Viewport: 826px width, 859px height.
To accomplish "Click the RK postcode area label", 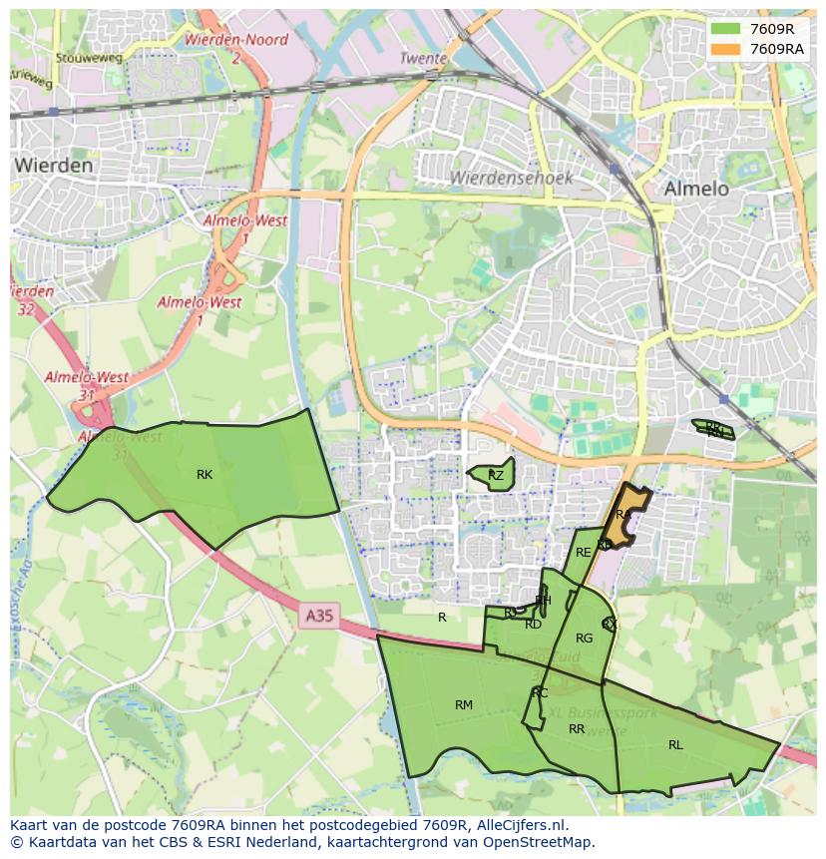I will coord(205,475).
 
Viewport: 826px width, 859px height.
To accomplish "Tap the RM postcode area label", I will coord(464,705).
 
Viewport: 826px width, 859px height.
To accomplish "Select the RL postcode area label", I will coord(675,744).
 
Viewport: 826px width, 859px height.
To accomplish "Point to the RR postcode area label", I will coord(577,729).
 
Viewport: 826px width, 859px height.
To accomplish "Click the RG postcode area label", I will coord(584,639).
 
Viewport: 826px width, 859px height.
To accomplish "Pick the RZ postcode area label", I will coord(496,476).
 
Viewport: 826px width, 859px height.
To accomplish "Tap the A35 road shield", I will coord(319,617).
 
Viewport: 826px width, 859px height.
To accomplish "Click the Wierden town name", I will coord(55,165).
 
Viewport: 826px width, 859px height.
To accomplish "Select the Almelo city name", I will coord(696,189).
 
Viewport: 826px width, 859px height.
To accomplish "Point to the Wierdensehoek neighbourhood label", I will coord(511,178).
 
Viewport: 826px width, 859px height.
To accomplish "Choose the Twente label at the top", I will coord(423,59).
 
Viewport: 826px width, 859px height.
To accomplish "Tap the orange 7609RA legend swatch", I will coord(725,49).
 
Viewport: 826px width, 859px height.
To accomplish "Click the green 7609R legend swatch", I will coord(725,29).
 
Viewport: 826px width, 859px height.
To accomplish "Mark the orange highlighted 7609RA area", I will coord(626,516).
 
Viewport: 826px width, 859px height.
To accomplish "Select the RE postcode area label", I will coord(584,553).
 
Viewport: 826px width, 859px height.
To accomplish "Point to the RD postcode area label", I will coord(533,625).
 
